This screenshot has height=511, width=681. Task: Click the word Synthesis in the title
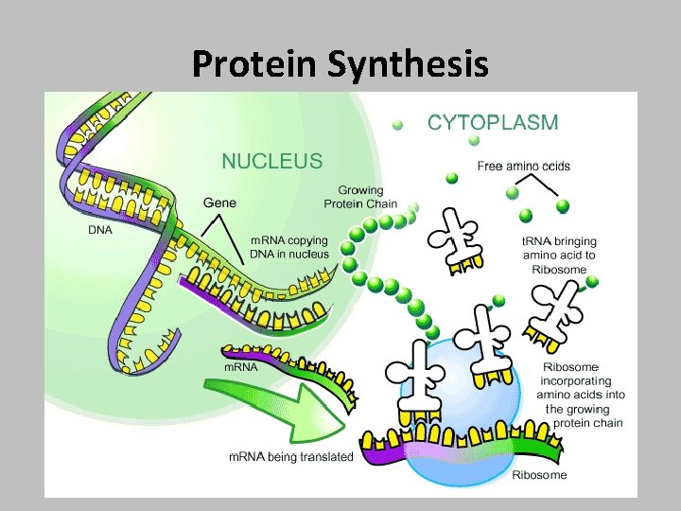409,64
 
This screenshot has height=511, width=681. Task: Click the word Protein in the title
255,64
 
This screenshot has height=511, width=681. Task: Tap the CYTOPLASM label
493,122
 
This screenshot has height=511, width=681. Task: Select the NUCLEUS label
271,161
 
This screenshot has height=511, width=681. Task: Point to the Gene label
220,203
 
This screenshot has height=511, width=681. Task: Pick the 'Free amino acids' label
524,167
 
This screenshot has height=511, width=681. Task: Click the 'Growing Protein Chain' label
360,197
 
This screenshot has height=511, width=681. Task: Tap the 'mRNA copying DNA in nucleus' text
289,248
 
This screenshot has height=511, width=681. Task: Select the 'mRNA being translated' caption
291,457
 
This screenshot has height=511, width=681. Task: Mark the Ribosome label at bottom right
539,475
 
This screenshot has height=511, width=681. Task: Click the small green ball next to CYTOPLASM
398,124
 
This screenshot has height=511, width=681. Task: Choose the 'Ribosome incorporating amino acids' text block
583,395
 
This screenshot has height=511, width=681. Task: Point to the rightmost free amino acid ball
563,205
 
